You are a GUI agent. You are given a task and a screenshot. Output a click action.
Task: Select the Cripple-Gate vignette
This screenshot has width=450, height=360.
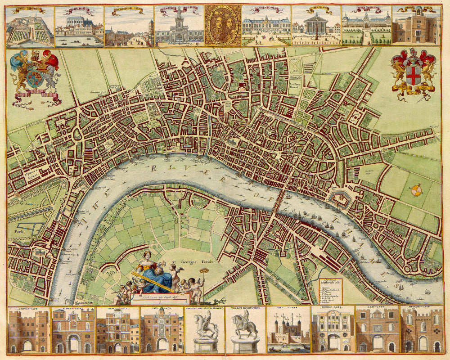28,331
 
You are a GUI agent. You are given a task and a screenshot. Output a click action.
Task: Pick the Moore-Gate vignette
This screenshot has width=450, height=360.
333,331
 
